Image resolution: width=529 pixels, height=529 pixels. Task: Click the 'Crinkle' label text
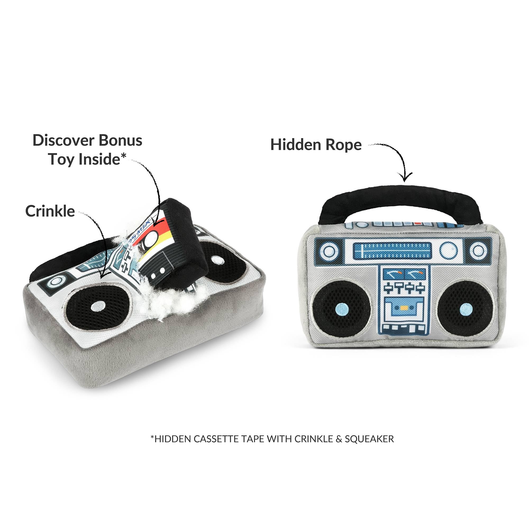50,211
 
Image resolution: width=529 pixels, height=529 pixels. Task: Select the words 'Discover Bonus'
87,140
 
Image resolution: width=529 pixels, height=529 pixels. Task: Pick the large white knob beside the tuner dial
448,250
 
